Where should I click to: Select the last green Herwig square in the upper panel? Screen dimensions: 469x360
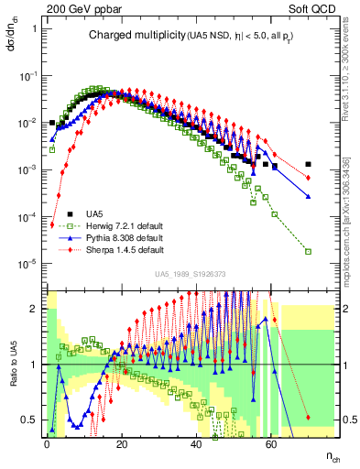coord(309,250)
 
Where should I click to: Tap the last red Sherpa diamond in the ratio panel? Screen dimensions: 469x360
coord(309,418)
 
